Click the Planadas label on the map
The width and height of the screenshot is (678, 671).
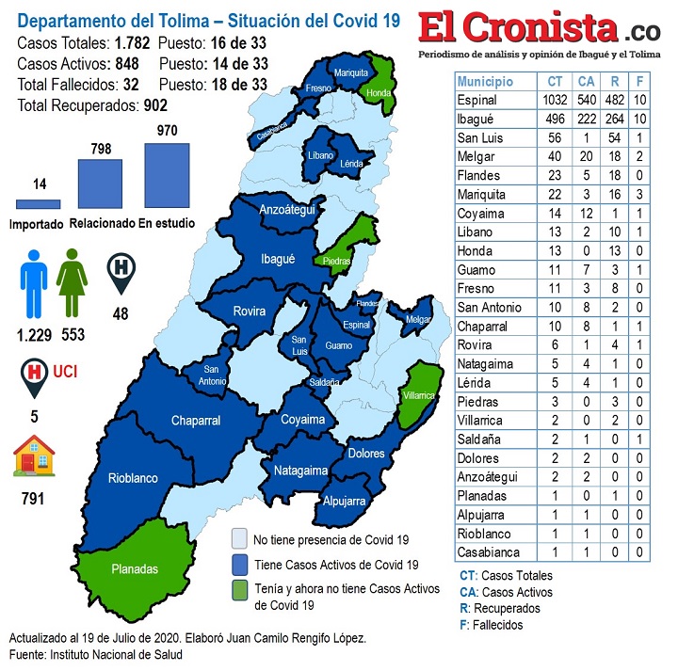click(135, 569)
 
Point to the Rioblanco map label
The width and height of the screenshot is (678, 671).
click(133, 478)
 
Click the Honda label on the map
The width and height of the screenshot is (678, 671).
click(379, 93)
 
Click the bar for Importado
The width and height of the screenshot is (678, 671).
click(39, 204)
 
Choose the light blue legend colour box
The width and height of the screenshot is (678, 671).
click(240, 539)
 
